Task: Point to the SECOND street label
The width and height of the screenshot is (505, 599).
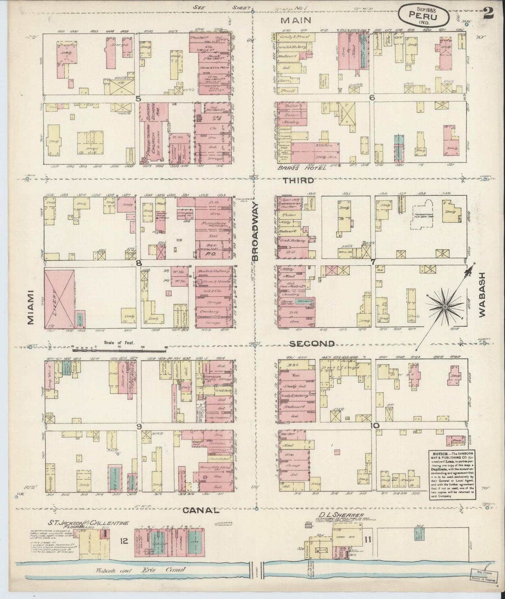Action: point(312,344)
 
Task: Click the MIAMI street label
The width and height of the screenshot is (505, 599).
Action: point(31,307)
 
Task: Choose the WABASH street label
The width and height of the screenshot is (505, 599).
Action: point(483,295)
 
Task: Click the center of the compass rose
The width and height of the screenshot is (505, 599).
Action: point(445,307)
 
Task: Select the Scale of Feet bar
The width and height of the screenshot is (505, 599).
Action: point(119,348)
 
